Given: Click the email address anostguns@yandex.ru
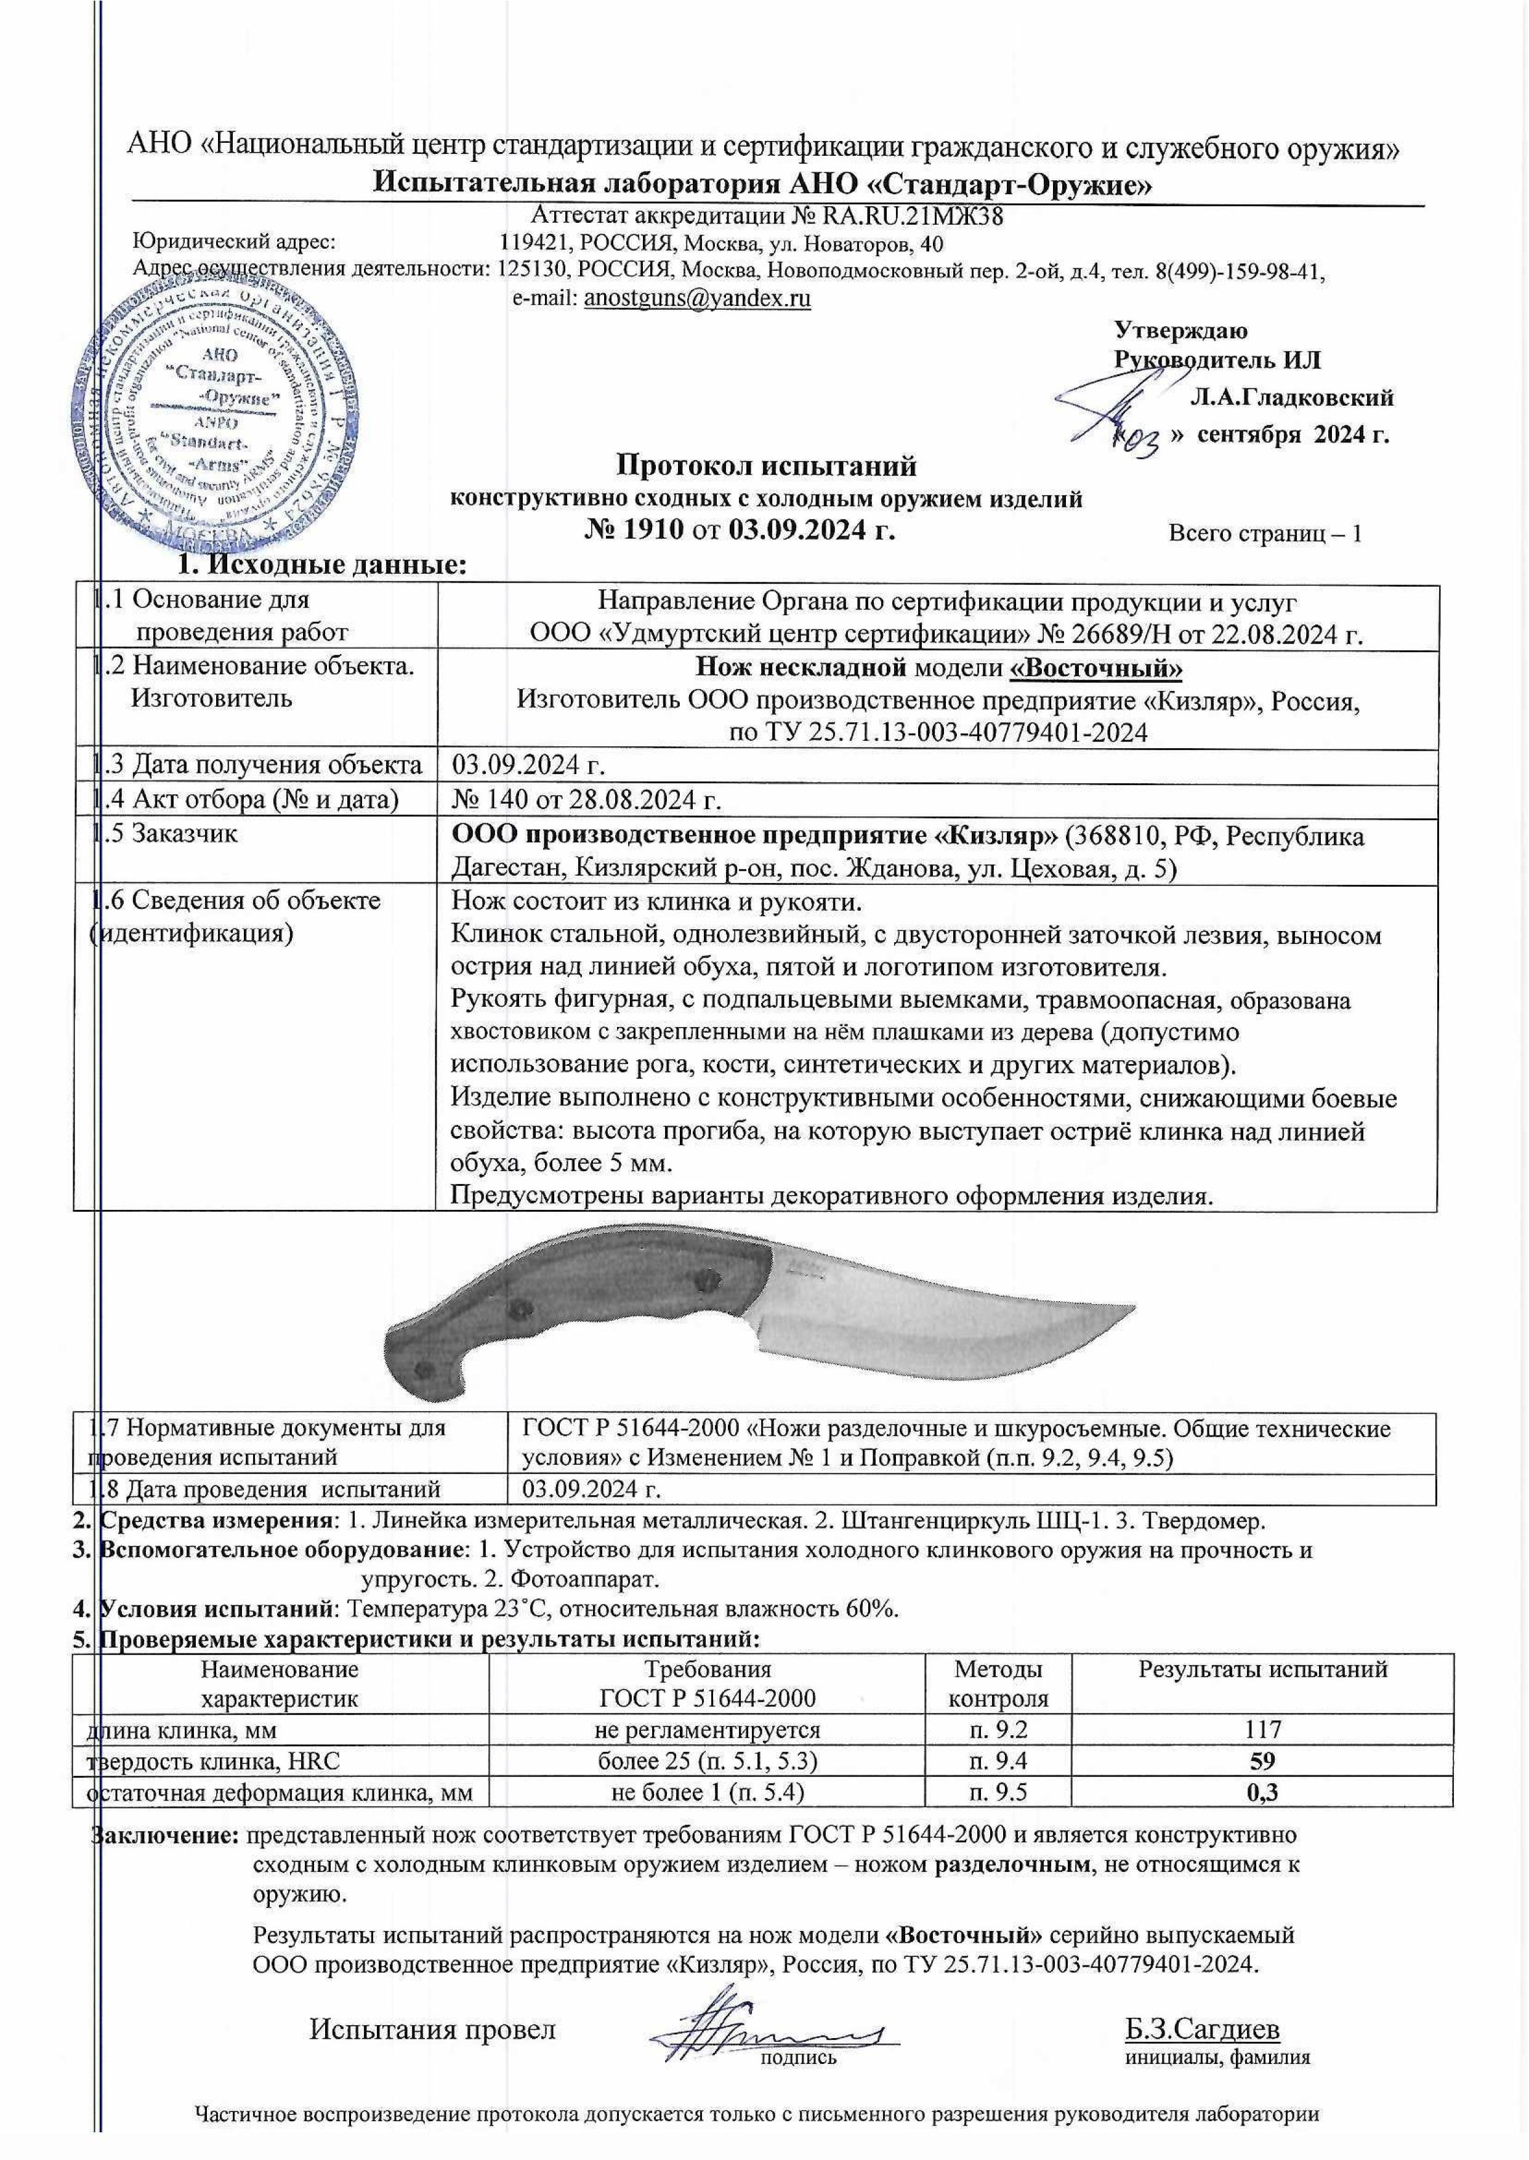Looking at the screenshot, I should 698,299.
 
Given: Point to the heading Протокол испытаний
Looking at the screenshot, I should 765,465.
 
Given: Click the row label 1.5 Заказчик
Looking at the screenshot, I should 169,833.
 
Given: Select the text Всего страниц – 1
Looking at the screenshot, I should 1264,534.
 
